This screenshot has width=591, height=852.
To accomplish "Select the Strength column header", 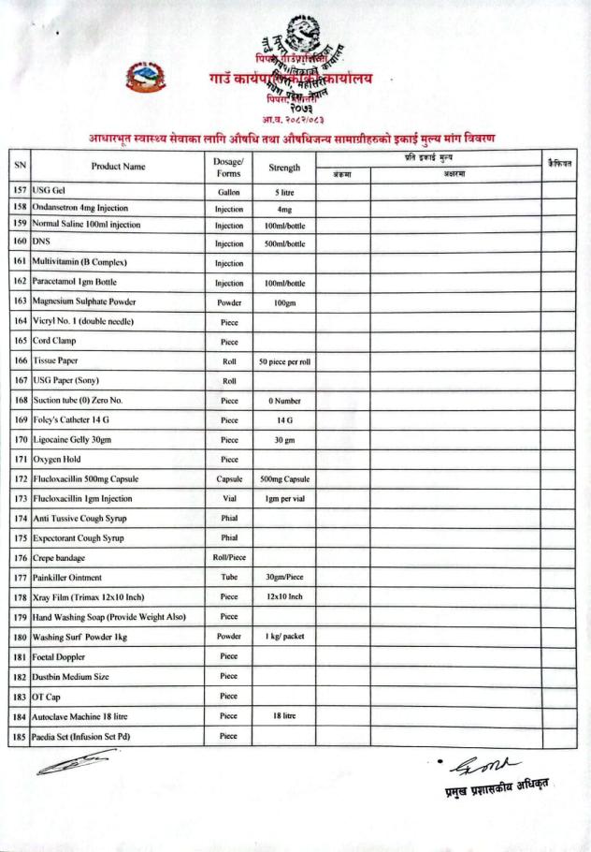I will (284, 168).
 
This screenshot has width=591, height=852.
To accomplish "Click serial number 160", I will (19, 241).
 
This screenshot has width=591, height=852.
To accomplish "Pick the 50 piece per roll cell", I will (284, 361).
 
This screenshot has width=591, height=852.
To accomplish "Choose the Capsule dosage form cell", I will (228, 479).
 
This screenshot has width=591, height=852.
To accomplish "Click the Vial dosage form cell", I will (228, 499).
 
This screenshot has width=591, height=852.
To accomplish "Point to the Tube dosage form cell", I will (228, 578).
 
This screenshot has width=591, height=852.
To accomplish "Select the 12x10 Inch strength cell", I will (284, 597).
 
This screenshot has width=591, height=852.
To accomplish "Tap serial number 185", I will (19, 737).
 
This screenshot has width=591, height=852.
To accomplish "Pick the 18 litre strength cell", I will (284, 716).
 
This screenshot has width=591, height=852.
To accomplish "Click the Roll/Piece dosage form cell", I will (228, 558).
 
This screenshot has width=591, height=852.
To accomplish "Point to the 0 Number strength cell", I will (284, 401).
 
